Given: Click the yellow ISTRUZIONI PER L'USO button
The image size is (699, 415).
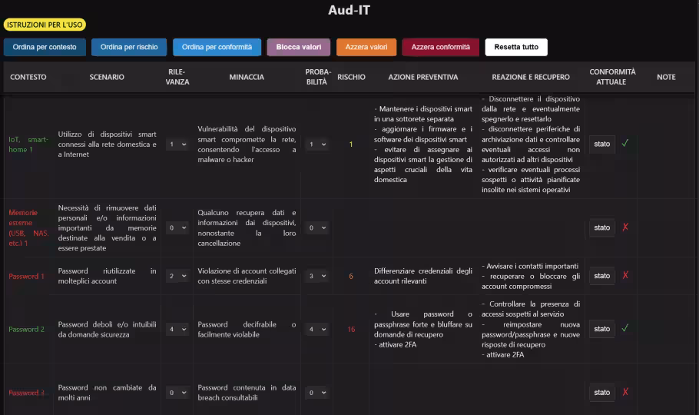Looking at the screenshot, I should click(x=45, y=25).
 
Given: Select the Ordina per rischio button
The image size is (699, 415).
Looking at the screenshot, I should click(x=129, y=47).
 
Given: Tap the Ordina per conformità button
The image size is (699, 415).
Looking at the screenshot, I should click(x=217, y=47).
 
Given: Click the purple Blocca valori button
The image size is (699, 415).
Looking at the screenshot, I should click(x=299, y=47).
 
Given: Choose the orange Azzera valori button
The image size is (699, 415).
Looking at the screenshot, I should click(x=366, y=47).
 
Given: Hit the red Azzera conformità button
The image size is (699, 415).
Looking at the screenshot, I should click(x=440, y=47).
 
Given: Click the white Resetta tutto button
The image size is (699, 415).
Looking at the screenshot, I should click(x=516, y=47).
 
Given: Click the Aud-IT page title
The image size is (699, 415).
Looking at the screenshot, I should click(x=349, y=10).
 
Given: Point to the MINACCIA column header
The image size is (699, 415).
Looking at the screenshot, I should click(x=247, y=77).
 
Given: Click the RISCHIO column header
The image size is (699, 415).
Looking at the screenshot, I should click(x=351, y=77).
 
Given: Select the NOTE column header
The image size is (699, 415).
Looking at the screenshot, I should click(x=666, y=77).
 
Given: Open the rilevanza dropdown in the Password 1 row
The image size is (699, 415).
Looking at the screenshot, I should click(x=177, y=276).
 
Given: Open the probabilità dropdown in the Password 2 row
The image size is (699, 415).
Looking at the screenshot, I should click(x=317, y=329).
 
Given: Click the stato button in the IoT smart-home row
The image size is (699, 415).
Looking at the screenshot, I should click(x=602, y=144).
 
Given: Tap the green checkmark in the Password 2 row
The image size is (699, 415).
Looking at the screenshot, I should click(x=625, y=328).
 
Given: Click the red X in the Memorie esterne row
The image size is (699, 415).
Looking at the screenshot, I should click(x=625, y=227).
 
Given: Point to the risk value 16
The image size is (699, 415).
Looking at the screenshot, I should click(x=351, y=329).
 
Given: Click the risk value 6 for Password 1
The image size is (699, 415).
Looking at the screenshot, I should click(x=351, y=276).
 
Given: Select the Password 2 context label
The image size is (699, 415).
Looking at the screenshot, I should click(x=27, y=329).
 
